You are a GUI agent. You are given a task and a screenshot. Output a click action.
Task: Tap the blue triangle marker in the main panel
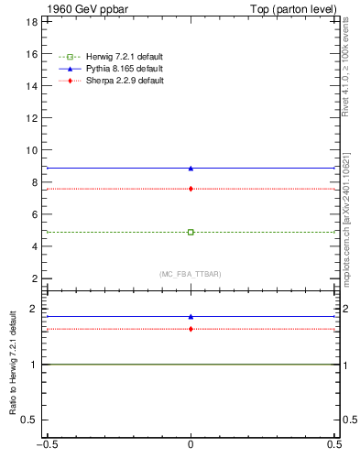pos(191,169)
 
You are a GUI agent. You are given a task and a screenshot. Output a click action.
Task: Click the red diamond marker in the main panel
pos(191,189)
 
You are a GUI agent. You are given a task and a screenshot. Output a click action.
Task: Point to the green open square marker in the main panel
pos(191,232)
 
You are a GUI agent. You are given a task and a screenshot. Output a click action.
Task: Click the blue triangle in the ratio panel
pos(191,317)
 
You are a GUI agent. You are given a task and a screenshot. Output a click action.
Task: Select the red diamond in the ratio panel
pos(191,329)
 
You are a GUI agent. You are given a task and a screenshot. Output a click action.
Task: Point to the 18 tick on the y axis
pos(30,22)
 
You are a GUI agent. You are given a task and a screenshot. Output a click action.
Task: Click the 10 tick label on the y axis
pos(30,150)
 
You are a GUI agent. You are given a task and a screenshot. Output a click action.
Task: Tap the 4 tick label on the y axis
pos(33,246)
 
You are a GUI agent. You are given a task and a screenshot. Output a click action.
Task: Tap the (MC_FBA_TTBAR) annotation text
pos(191,274)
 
